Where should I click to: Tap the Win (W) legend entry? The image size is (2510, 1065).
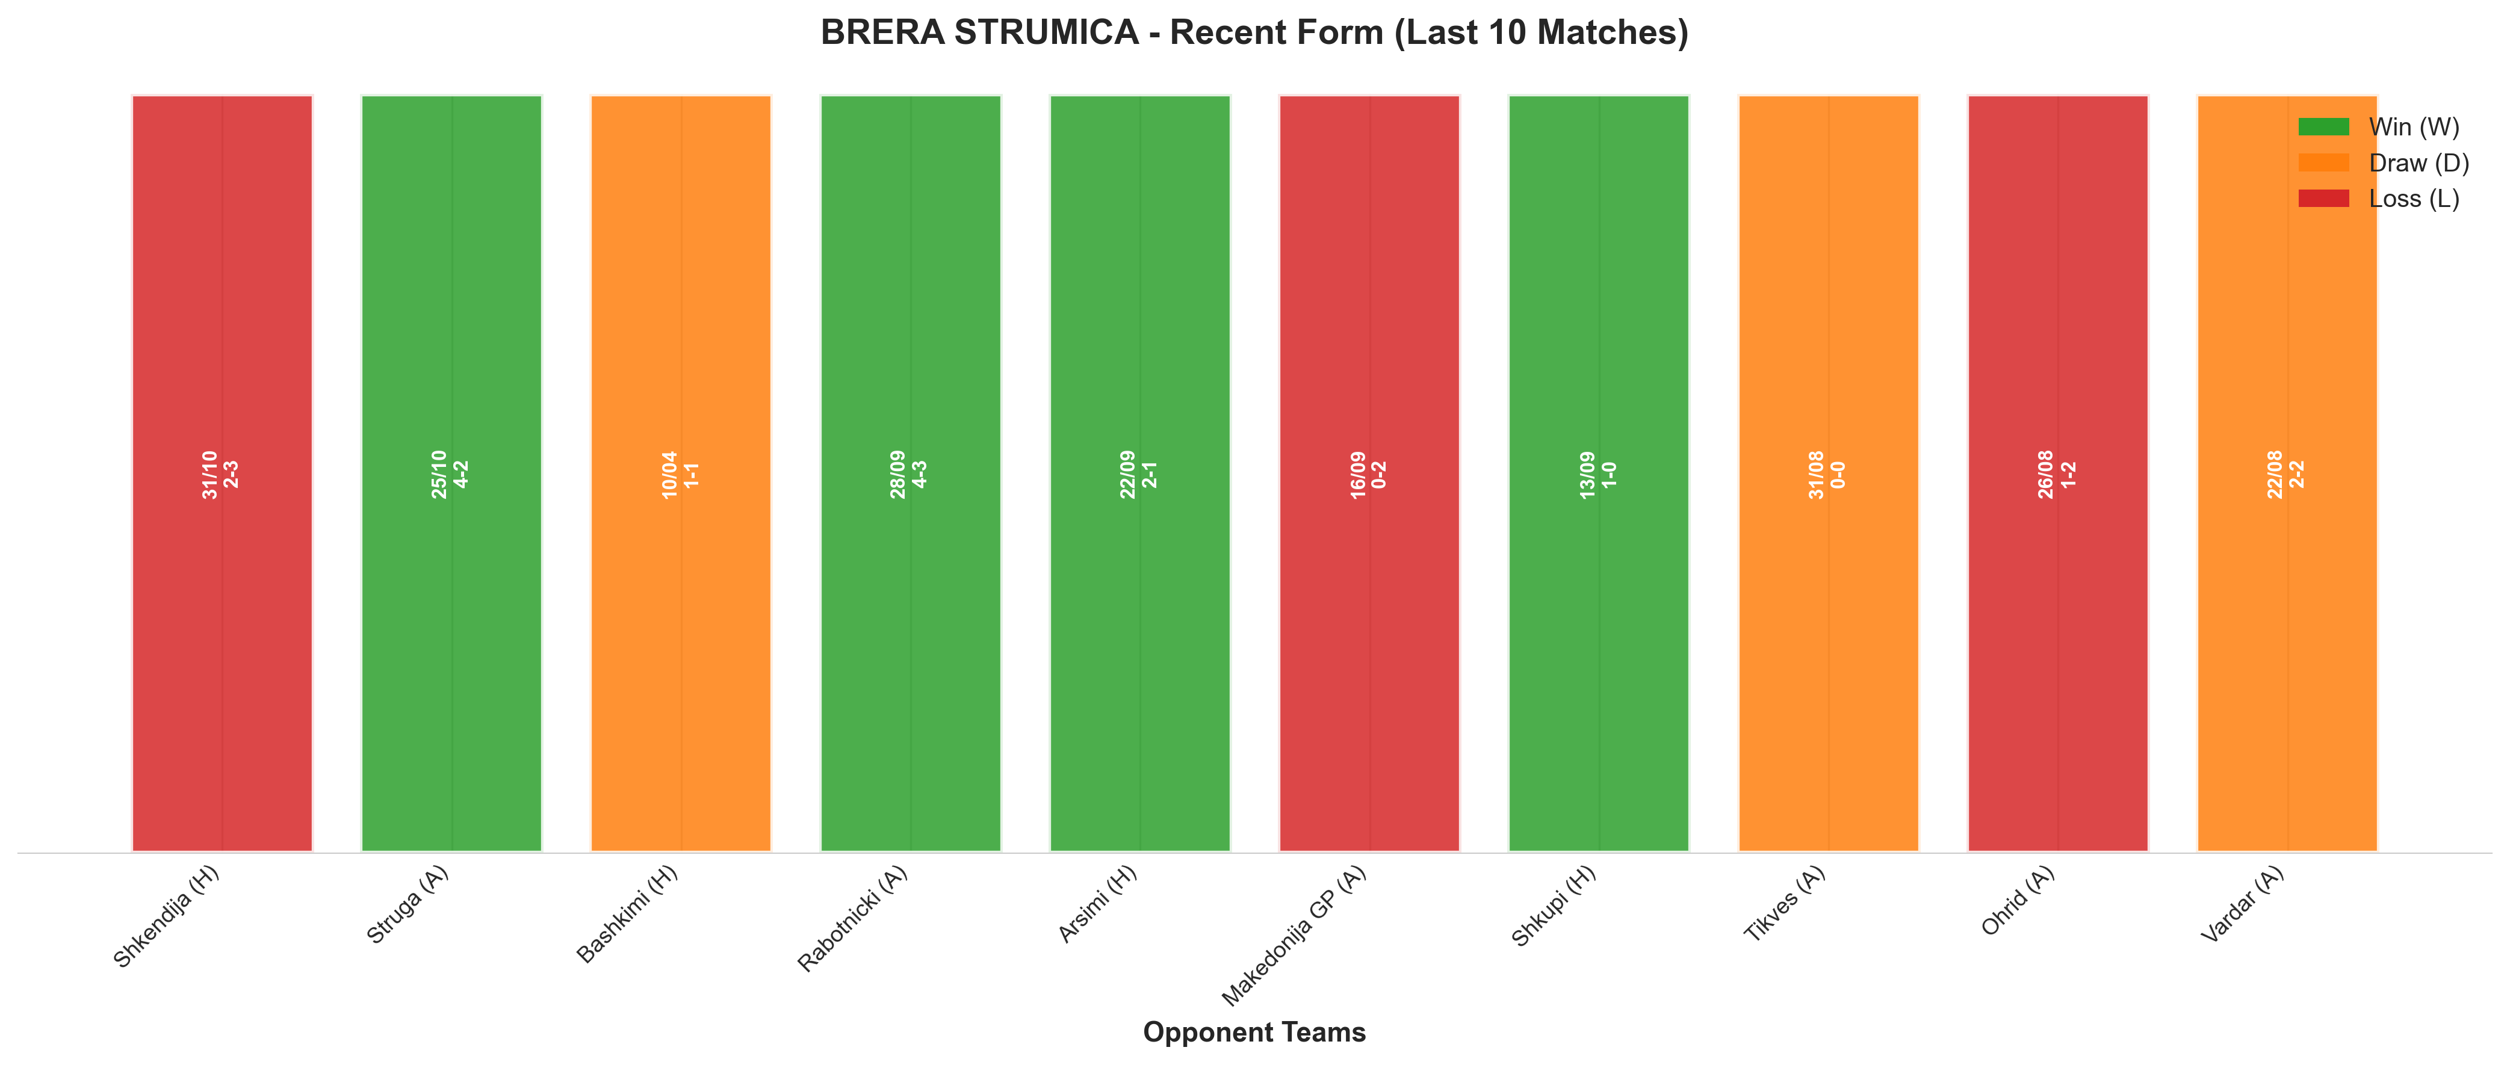[2378, 127]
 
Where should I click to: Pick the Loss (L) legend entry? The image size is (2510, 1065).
[2378, 199]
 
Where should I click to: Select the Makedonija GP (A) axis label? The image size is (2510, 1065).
[1294, 936]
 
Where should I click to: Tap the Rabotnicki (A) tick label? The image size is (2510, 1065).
[852, 918]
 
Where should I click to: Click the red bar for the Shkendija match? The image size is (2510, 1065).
[222, 474]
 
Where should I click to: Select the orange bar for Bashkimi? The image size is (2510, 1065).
[681, 474]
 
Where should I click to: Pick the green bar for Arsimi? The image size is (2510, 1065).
[1140, 474]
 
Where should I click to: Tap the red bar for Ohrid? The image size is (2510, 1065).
[2058, 474]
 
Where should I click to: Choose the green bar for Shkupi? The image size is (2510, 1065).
[1599, 474]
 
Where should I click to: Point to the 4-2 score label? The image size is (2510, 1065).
[462, 475]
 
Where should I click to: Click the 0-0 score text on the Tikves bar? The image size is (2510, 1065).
[1839, 475]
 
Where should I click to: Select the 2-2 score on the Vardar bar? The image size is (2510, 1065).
[2298, 475]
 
